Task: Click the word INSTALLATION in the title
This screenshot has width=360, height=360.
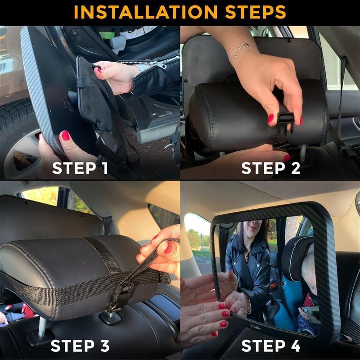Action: pos(145,12)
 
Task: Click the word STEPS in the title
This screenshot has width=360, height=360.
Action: pos(255,12)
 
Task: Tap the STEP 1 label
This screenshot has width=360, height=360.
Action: pos(80,168)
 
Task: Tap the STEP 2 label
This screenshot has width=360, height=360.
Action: pos(271,168)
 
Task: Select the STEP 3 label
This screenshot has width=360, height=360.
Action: pos(80,346)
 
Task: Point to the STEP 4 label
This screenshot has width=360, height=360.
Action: pos(271,346)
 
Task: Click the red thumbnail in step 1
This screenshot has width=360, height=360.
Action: pos(65,135)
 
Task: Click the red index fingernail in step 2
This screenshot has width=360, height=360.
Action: pos(271,118)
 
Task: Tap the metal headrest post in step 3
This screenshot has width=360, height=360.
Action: pos(42,327)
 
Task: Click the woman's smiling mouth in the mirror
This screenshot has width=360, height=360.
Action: pos(253,228)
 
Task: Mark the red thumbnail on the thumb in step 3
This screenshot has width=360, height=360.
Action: pos(168,248)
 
